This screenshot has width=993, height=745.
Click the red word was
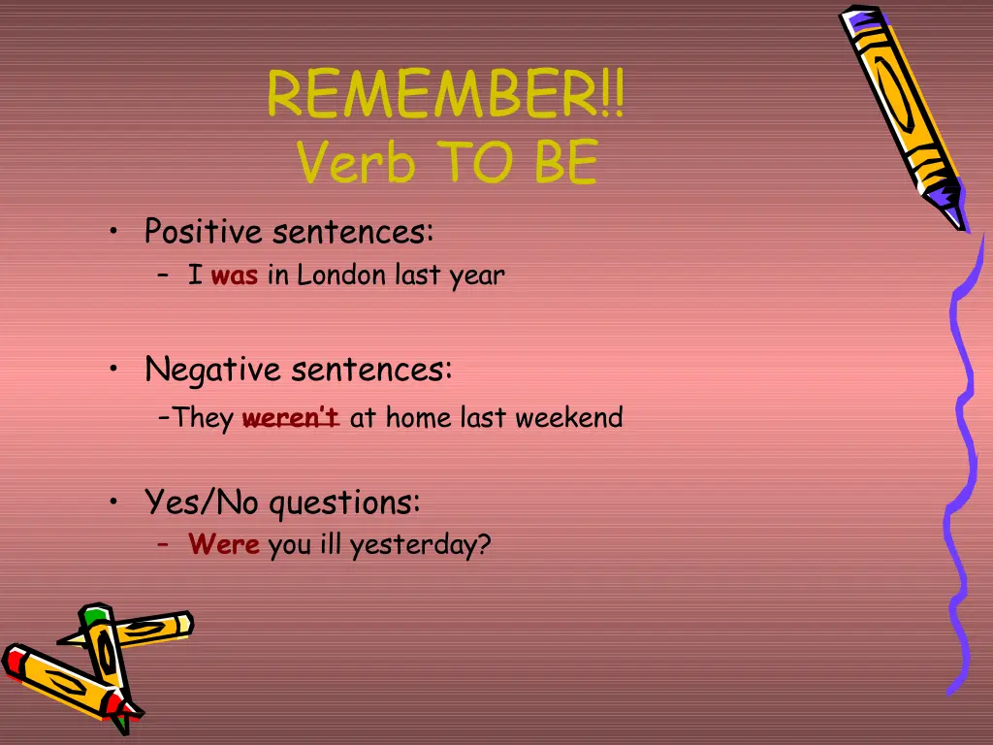(234, 276)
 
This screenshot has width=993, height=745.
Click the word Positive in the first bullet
(204, 233)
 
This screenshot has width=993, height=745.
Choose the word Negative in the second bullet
(213, 370)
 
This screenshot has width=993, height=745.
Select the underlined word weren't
(290, 419)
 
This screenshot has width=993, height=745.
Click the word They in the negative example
(204, 419)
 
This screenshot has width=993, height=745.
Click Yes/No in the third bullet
(202, 502)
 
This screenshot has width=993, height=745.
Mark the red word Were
(224, 545)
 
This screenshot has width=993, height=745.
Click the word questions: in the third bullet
(344, 504)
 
